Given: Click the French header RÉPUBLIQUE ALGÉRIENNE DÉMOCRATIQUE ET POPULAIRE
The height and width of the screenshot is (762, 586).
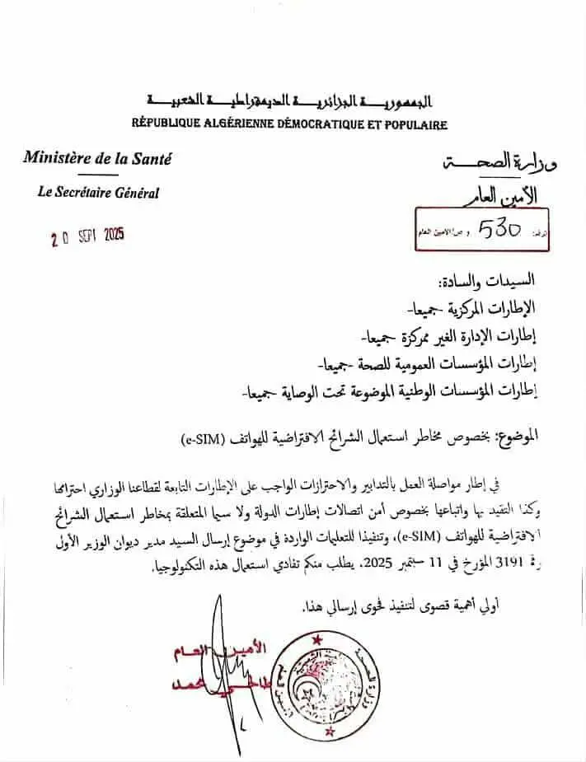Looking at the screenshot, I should [289, 125].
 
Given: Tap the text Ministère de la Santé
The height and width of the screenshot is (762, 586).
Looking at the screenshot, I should [97, 159].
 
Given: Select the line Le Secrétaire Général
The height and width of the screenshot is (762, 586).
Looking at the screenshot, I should [98, 194].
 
